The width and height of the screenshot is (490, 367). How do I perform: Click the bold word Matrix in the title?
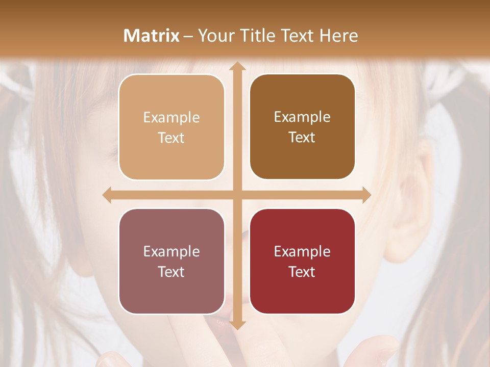click(x=152, y=35)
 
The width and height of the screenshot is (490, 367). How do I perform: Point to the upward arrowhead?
click(x=237, y=66)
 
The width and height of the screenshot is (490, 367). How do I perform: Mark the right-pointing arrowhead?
click(x=366, y=195)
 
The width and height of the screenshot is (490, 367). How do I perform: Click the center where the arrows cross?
click(x=237, y=195)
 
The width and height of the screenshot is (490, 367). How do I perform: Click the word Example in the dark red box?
click(x=302, y=251)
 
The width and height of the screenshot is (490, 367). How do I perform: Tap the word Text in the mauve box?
click(x=171, y=272)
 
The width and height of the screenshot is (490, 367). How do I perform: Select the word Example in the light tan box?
click(x=171, y=117)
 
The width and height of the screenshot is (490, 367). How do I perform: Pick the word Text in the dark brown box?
click(x=302, y=138)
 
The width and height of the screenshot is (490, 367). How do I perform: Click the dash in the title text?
click(x=188, y=36)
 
